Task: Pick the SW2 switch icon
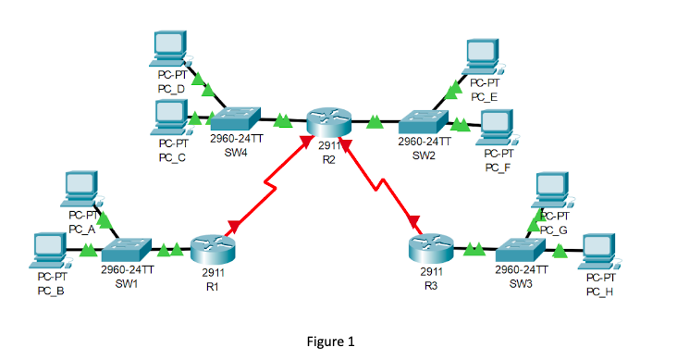[x=425, y=123]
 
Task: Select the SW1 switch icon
[x=127, y=249]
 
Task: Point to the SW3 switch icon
[x=522, y=249]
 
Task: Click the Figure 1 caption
[x=330, y=341]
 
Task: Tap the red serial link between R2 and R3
[x=379, y=185]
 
